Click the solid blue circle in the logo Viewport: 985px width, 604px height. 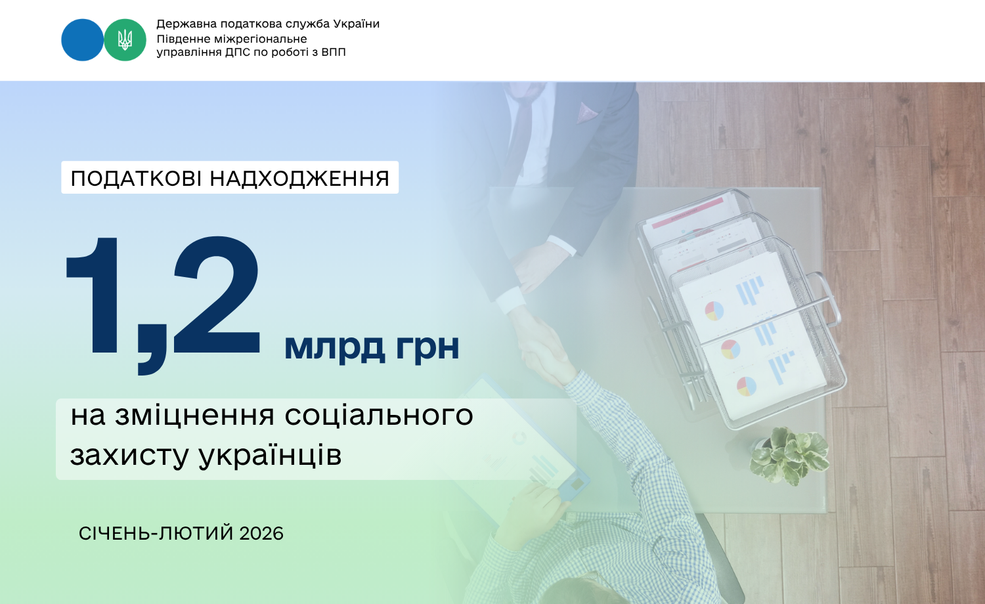point(82,40)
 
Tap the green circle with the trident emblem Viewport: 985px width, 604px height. point(125,40)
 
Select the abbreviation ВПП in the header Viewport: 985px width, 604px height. point(334,53)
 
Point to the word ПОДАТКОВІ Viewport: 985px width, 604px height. point(137,179)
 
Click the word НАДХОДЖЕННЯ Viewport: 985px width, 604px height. point(299,179)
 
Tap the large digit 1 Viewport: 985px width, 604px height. point(93,295)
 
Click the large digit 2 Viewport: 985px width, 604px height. point(217,295)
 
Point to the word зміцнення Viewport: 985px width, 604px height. point(195,416)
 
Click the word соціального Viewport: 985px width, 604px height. point(379,416)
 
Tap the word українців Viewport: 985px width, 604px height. point(270,455)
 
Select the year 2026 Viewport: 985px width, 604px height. point(261,534)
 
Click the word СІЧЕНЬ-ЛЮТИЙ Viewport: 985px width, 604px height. point(156,534)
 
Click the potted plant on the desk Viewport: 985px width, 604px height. point(789,456)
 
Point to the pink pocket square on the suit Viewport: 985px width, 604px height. point(586,112)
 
